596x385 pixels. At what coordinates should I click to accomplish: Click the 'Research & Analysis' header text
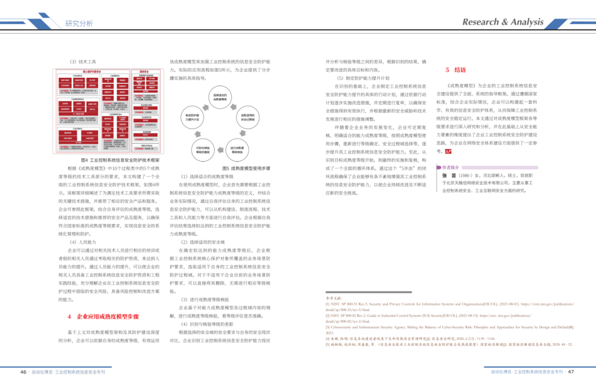(502, 22)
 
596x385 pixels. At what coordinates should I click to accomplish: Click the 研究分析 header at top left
(79, 23)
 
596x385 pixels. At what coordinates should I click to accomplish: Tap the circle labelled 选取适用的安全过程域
(247, 119)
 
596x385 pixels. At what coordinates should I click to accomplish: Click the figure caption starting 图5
(246, 168)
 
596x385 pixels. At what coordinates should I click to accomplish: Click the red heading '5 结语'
(456, 70)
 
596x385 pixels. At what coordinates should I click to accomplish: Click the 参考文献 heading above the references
(334, 297)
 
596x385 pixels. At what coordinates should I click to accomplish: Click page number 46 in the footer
(23, 372)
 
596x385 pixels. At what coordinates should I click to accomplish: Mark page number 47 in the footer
(571, 372)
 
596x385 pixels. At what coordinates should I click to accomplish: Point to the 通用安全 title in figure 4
(146, 72)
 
